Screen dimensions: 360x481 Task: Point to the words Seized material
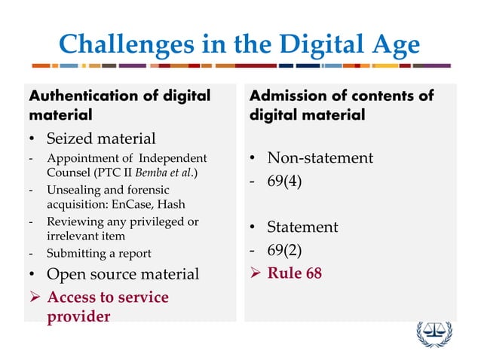[x=101, y=139]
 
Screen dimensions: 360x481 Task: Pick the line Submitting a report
[x=99, y=253]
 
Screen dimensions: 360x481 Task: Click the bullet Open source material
[x=123, y=273]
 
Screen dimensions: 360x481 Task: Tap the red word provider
[x=78, y=316]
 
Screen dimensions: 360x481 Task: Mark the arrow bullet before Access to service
[x=35, y=297]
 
